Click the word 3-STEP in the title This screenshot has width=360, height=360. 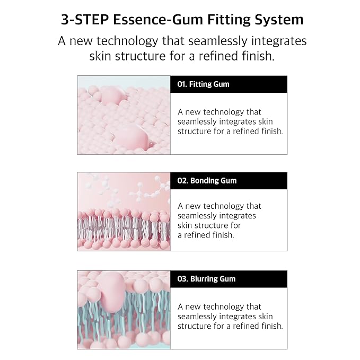coord(85,20)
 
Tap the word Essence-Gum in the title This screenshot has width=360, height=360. coord(158,20)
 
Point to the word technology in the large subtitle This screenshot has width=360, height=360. coord(127,41)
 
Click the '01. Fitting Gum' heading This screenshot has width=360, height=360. coord(203,84)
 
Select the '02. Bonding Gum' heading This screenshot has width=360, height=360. coord(207,181)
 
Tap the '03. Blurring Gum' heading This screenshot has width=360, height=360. coord(206,279)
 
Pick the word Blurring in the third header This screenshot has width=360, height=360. coord(204,279)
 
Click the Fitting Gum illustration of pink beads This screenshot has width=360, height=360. coord(124,115)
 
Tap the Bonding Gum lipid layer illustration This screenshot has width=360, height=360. coord(124,212)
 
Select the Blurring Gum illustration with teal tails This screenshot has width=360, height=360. coord(124,310)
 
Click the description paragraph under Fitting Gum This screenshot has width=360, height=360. coord(230,121)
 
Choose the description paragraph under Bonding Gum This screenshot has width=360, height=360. coord(219,221)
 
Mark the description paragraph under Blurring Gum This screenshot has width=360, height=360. coord(230,317)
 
